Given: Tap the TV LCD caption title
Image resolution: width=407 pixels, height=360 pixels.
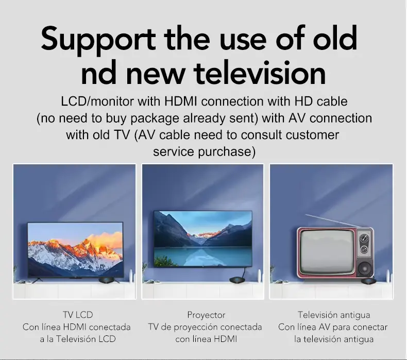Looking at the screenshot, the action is [x=78, y=315].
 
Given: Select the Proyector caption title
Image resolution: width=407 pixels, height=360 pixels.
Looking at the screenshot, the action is [x=206, y=315].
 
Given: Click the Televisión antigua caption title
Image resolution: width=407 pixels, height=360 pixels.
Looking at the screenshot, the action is [x=334, y=315].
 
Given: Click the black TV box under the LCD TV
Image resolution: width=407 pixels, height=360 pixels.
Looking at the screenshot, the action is [x=106, y=280].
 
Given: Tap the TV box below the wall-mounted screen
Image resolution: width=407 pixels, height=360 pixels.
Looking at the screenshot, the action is [x=236, y=280].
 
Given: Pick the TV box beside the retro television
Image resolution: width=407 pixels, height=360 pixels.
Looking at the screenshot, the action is [x=368, y=281].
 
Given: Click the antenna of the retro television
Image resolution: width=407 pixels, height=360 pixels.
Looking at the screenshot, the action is [x=333, y=221].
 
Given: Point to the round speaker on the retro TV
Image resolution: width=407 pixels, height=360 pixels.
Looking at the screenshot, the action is [x=365, y=267].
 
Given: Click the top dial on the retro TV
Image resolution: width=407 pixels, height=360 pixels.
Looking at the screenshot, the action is [x=364, y=238].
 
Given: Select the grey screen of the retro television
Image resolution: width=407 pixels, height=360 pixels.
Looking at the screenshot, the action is [x=327, y=251].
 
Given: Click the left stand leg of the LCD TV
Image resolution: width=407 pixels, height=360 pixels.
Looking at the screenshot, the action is [x=38, y=280].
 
